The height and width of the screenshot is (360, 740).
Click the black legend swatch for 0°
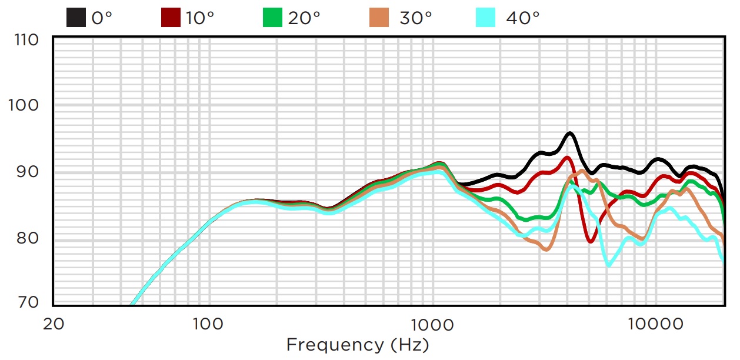tap(76, 18)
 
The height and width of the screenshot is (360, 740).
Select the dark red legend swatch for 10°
tap(171, 18)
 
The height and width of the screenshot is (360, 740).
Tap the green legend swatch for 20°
tap(272, 18)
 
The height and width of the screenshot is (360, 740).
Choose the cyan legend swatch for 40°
tap(486, 18)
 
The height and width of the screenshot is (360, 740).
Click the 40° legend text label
tap(522, 18)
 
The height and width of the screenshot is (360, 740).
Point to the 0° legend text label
tap(101, 18)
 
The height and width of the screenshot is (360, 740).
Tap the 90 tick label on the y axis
tap(29, 172)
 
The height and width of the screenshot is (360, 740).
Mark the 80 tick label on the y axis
tap(29, 238)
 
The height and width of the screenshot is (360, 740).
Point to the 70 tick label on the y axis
tap(29, 303)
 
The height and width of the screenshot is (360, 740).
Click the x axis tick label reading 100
tap(207, 323)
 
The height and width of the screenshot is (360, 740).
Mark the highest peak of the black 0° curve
tap(569, 134)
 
